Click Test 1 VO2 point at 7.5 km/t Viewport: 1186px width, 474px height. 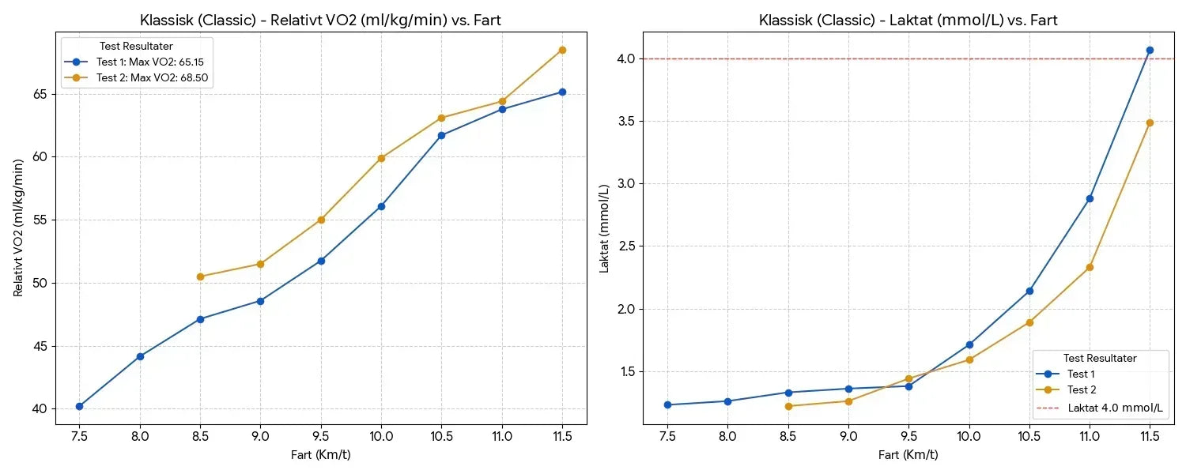[x=80, y=406]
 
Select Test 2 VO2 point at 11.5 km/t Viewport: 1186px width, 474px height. [x=562, y=50]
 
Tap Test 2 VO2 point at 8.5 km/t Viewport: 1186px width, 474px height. [x=200, y=276]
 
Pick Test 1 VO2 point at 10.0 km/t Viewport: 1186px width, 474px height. [x=381, y=206]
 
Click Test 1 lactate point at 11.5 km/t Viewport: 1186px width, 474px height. [x=1150, y=50]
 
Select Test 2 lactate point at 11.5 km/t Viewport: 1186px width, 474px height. [x=1150, y=122]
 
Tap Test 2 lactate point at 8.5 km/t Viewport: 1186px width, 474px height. [x=788, y=406]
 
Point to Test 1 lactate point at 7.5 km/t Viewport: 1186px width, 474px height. [x=667, y=404]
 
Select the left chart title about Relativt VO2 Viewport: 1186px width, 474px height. [x=320, y=20]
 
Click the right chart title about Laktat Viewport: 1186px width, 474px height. [x=908, y=20]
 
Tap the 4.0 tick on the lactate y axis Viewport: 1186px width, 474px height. [x=628, y=58]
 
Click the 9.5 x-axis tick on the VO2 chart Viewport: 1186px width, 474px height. [x=321, y=435]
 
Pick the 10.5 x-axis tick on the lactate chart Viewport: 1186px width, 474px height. [x=1029, y=435]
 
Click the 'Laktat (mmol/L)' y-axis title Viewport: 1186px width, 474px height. [x=605, y=228]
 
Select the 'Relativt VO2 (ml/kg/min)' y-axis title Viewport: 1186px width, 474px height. [x=19, y=228]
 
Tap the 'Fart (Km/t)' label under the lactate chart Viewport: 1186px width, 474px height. [x=908, y=454]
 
